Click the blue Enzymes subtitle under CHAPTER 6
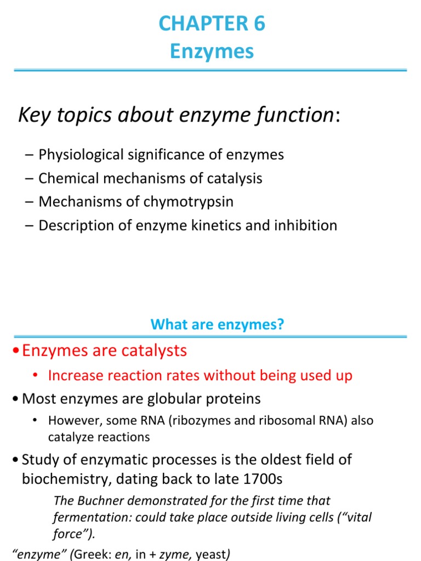(x=212, y=51)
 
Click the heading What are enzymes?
(x=218, y=325)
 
